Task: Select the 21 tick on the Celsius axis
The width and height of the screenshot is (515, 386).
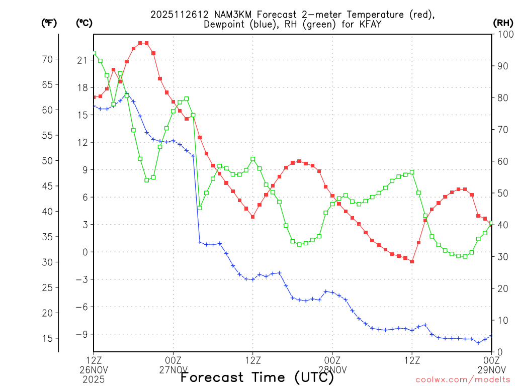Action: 82,60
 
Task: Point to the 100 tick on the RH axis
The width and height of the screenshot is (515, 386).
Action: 502,34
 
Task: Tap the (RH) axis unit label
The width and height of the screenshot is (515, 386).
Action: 502,23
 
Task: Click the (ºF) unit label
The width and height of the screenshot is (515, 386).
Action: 49,23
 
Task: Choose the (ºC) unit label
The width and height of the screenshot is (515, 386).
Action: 83,23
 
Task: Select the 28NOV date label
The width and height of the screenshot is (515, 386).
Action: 332,369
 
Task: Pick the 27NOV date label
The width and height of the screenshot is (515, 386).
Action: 173,369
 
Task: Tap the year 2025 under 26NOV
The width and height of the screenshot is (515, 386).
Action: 94,378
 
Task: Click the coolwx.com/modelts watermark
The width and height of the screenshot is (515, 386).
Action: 462,379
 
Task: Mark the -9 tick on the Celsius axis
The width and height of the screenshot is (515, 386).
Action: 80,334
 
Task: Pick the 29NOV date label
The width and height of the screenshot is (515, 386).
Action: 491,369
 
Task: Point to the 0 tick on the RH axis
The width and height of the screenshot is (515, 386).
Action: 499,352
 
